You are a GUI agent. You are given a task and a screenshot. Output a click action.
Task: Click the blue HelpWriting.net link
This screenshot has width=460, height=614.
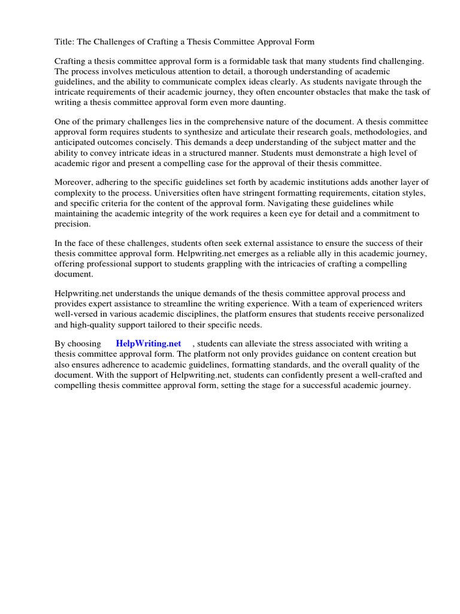(149, 344)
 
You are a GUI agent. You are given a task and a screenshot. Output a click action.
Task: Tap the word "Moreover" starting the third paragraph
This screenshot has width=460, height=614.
(75, 182)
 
